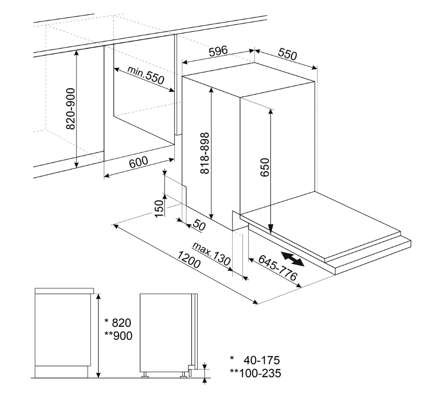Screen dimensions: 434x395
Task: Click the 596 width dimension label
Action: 218,51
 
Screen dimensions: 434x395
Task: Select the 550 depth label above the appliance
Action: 287,54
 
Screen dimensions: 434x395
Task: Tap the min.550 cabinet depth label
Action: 146,75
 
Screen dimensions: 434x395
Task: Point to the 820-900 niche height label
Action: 71,109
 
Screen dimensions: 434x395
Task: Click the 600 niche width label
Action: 139,162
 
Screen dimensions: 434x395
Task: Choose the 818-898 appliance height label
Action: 205,153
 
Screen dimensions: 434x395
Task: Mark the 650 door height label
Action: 265,167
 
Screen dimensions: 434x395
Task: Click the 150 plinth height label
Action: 159,209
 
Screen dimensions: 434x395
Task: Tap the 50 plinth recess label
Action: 199,225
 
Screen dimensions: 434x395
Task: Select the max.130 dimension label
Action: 212,254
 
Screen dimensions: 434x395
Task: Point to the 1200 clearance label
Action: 189,260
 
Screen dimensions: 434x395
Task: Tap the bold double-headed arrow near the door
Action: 293,259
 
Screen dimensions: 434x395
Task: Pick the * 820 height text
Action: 117,323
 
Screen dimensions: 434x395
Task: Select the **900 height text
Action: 118,336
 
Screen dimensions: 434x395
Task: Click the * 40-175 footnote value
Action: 255,360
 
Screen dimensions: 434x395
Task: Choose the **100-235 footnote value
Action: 255,373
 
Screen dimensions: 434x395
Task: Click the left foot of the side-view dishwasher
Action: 145,375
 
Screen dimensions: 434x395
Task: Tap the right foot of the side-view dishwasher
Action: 183,375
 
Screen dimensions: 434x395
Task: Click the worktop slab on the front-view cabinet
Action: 64,290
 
